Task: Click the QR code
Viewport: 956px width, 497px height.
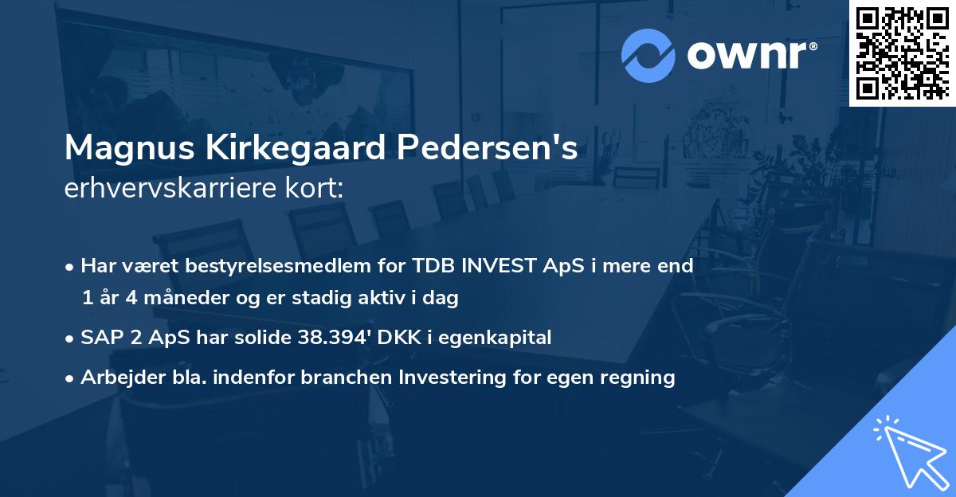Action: tap(903, 53)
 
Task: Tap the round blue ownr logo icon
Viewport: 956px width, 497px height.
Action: tap(648, 56)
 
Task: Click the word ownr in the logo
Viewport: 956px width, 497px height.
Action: tap(749, 56)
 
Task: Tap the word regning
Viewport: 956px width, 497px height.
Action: tap(642, 378)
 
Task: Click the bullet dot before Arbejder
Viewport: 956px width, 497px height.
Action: tap(71, 378)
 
